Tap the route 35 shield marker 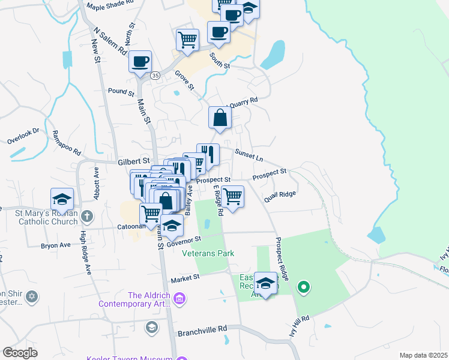click(x=155, y=76)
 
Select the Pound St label click(x=121, y=92)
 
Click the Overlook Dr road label click(x=23, y=136)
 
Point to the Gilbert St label click(x=133, y=161)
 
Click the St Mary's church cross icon click(x=87, y=215)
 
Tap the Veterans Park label click(x=208, y=253)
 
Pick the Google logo click(x=20, y=353)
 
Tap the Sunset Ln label click(x=249, y=155)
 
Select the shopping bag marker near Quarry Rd click(x=220, y=118)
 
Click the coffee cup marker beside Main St click(x=140, y=61)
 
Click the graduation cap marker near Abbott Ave click(x=62, y=199)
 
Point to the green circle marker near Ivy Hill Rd click(x=304, y=287)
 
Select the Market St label click(x=184, y=279)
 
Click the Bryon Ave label click(x=55, y=245)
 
